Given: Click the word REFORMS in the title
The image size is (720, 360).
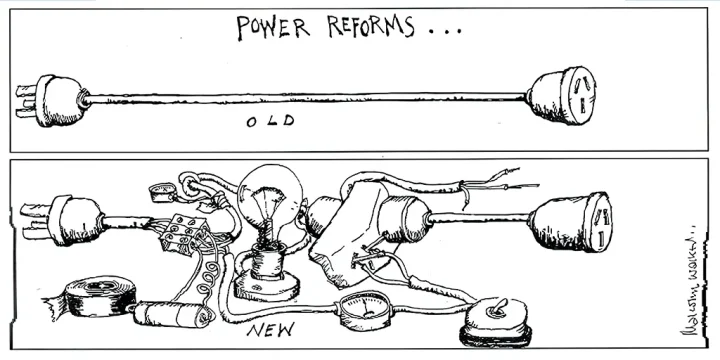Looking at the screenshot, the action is click(x=366, y=27).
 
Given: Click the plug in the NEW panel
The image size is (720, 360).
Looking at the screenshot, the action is click(x=70, y=220).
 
